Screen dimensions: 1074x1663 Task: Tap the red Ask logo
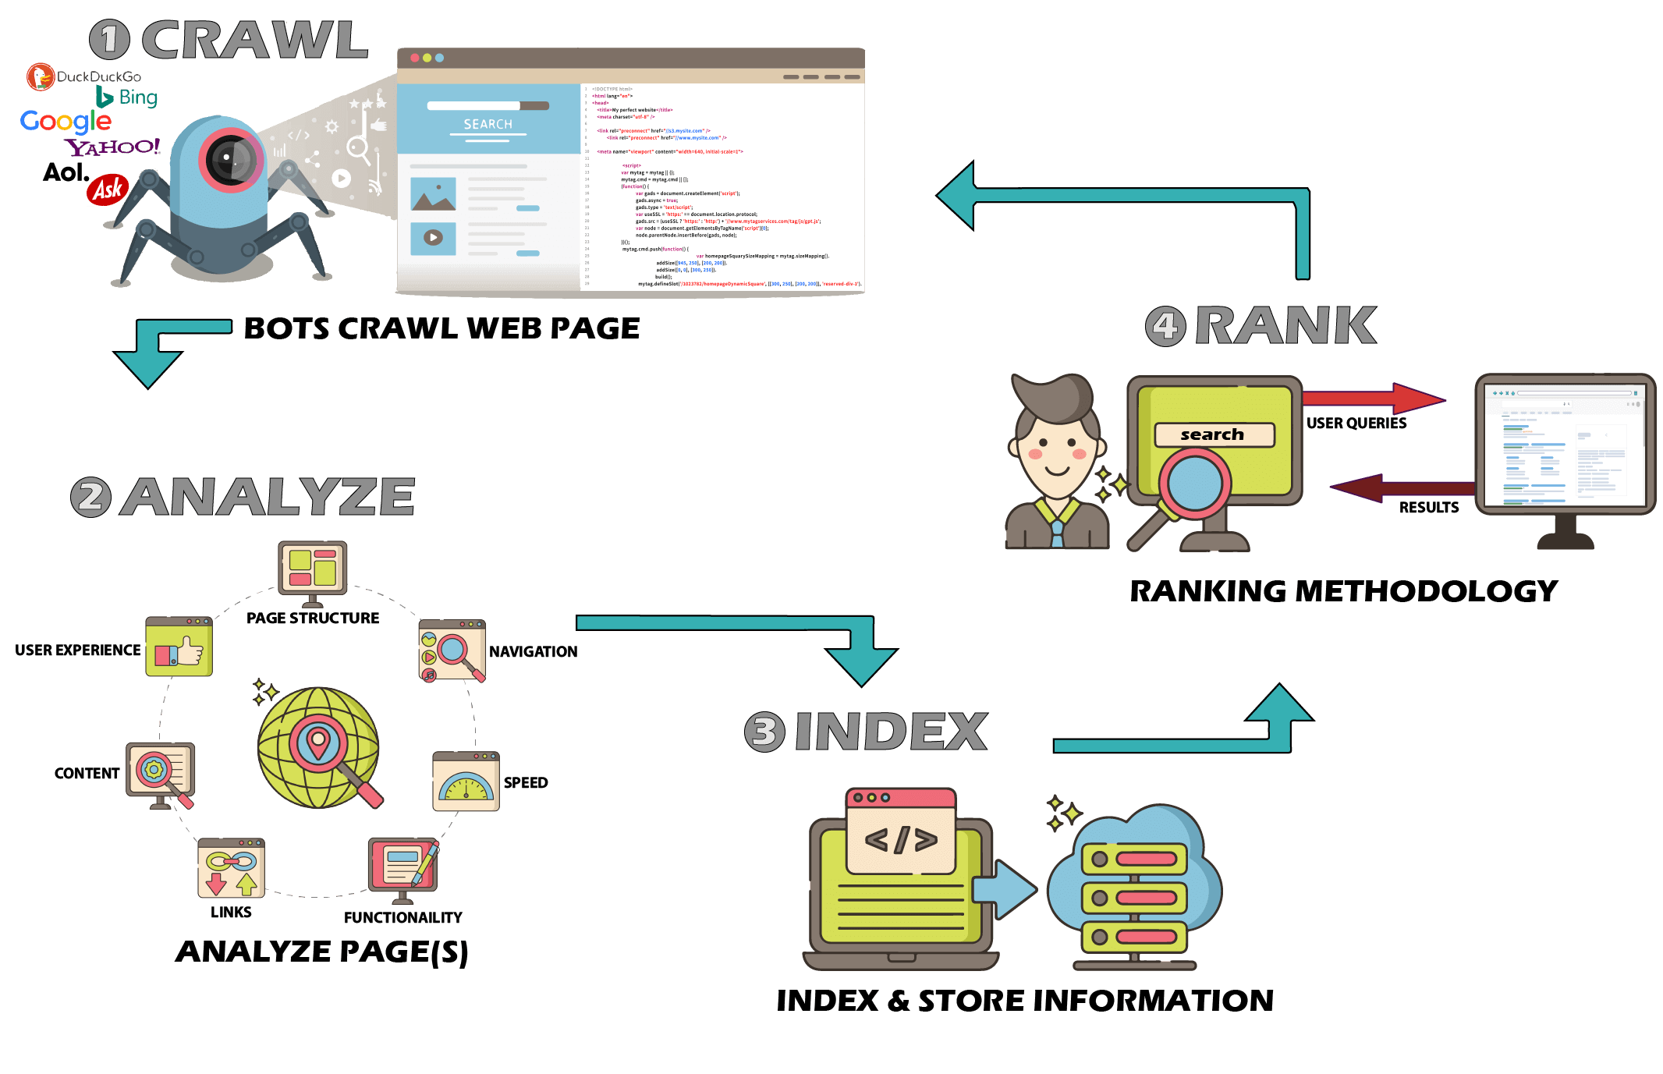pos(108,190)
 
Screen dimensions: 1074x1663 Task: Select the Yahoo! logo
pos(114,147)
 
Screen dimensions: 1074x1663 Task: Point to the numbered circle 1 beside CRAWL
pos(109,40)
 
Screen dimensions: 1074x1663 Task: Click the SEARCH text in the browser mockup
pos(488,124)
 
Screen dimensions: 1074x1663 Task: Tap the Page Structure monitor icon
pos(312,570)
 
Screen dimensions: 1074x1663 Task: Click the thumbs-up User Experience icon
pos(179,647)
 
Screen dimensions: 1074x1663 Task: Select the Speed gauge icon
pos(466,782)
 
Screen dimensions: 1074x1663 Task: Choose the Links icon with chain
pos(231,868)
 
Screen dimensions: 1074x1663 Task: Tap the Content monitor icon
pos(161,773)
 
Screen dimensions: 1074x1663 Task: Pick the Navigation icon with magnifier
pos(452,650)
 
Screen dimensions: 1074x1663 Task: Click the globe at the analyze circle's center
pos(318,747)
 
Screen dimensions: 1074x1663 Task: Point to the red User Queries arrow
pos(1373,399)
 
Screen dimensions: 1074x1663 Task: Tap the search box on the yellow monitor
pos(1214,434)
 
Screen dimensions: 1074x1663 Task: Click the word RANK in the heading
pos(1286,325)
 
